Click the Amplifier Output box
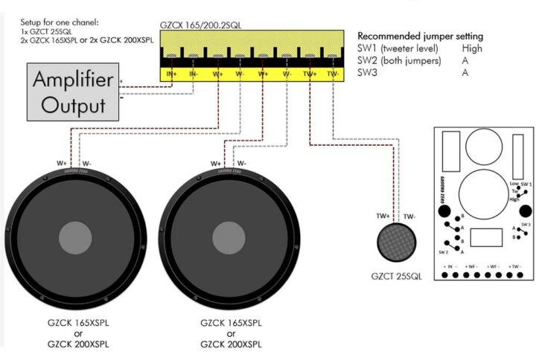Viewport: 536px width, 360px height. point(73,92)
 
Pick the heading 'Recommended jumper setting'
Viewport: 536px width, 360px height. point(421,36)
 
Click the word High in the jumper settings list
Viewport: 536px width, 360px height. point(470,48)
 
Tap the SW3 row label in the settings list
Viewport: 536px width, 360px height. point(367,72)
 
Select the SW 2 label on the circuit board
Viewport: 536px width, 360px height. point(444,252)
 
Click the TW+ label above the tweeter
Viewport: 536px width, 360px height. point(384,216)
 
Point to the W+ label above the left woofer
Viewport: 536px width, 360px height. point(63,163)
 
